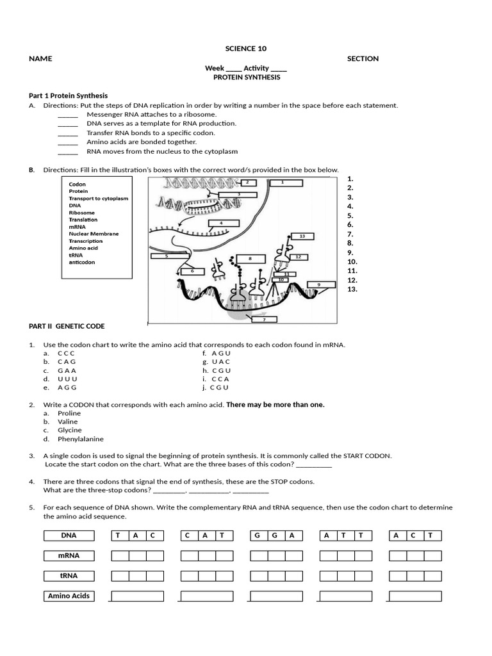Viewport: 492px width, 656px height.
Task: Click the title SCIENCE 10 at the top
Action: (245, 49)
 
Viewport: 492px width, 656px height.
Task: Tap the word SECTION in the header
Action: (363, 58)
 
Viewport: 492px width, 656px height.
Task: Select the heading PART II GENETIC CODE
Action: (67, 326)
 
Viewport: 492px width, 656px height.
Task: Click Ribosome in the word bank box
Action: (82, 213)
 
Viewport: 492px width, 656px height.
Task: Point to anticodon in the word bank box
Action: (82, 262)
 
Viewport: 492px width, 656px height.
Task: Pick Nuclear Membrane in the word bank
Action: (94, 234)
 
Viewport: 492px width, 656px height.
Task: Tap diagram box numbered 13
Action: (302, 236)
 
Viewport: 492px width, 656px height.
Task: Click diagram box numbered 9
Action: (318, 284)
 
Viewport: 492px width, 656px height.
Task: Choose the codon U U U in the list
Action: (67, 379)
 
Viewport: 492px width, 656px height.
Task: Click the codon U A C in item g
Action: (220, 362)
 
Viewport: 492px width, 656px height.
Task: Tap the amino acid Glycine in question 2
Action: (69, 430)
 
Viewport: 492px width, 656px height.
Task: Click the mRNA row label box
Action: (69, 555)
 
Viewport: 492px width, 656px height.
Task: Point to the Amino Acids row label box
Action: (69, 596)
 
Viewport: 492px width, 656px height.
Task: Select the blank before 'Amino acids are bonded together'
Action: (68, 142)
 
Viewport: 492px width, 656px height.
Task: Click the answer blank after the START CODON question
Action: (314, 464)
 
